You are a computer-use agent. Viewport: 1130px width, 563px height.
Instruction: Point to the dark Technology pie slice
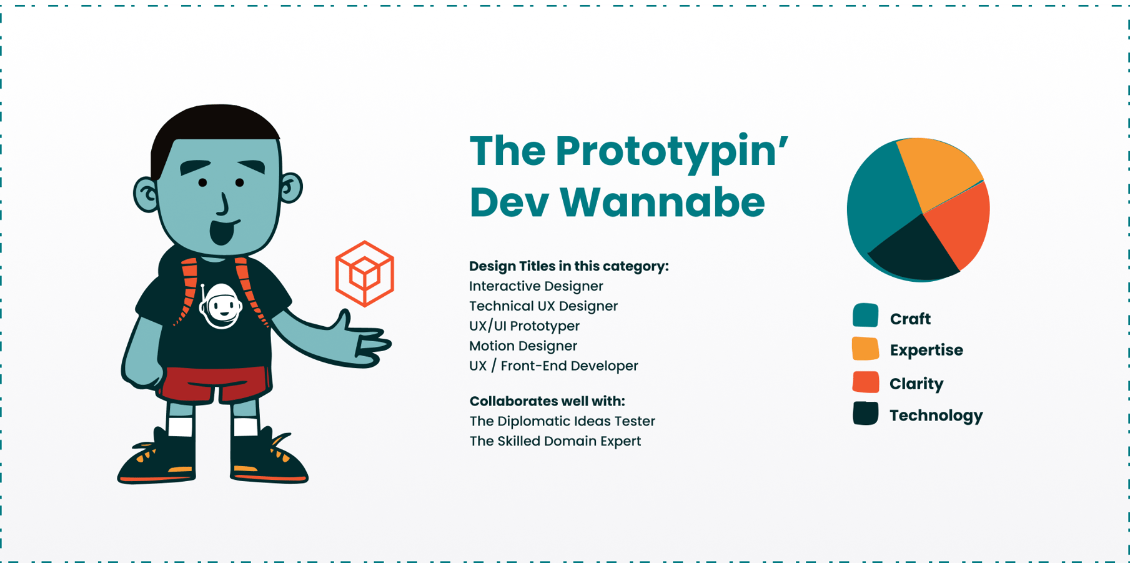pos(912,253)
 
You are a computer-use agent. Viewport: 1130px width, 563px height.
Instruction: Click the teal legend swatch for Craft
pos(865,316)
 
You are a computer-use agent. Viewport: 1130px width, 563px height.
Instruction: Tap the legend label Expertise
pos(926,350)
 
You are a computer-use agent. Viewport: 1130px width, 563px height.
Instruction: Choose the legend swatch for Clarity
pos(865,382)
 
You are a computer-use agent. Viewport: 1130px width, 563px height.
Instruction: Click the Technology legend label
pos(936,416)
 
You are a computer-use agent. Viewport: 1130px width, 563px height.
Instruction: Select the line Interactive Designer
pos(536,286)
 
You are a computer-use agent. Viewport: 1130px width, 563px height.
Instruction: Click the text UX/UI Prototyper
pos(524,326)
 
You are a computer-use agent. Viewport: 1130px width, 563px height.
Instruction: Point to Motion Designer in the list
pos(523,346)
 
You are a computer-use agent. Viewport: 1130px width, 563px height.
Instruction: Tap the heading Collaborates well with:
pos(547,401)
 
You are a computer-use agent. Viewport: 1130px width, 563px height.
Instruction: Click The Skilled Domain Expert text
pos(555,441)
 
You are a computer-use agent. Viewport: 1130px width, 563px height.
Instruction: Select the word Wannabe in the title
pos(662,202)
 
